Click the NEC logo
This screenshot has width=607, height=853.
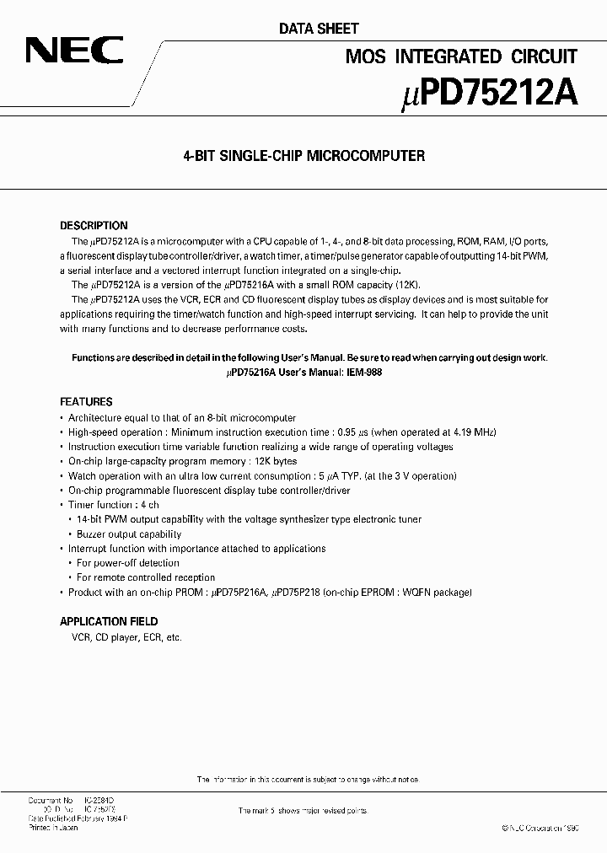74,51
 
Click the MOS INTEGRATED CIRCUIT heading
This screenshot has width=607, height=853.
461,56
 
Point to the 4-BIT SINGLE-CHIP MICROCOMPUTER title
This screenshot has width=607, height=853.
303,156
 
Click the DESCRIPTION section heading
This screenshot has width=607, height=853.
94,226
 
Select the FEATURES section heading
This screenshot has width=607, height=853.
86,402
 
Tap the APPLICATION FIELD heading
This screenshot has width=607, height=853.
109,621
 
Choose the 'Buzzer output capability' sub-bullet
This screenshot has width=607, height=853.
128,534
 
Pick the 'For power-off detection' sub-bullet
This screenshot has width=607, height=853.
127,563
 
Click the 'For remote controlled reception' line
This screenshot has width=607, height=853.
145,577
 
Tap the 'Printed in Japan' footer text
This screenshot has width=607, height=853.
54,826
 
